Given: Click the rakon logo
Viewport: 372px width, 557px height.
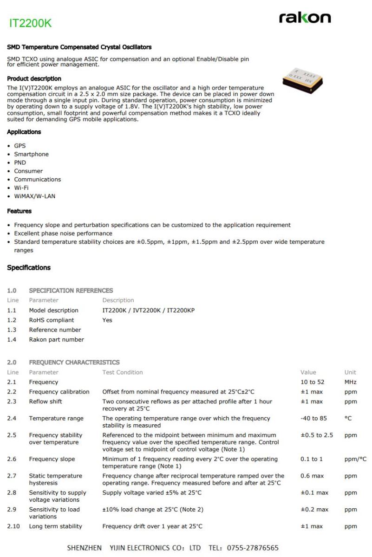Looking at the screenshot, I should (305, 18).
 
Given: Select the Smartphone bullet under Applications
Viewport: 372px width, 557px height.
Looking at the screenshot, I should (31, 154).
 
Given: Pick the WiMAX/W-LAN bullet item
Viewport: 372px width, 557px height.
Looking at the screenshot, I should (34, 196).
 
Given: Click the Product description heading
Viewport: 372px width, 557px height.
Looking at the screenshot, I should (34, 78).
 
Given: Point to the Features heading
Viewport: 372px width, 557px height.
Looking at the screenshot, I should (19, 211).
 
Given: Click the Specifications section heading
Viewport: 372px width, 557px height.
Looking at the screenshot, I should (29, 268).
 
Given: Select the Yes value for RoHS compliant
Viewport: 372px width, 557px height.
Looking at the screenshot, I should (107, 320).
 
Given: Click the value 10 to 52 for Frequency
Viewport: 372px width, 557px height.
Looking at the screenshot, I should (313, 382).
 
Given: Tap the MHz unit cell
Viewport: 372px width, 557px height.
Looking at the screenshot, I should (350, 382).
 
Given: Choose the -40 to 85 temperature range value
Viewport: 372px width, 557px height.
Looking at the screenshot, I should (313, 418).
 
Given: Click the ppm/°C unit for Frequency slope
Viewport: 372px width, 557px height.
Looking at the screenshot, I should (355, 459).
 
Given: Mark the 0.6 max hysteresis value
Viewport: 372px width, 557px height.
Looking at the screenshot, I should (312, 476).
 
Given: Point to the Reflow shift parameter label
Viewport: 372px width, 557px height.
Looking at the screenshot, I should (46, 402).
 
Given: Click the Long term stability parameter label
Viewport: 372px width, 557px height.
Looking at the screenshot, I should (55, 526).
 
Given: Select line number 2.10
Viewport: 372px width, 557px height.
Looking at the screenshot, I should (13, 526).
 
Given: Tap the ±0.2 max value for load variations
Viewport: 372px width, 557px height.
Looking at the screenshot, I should (314, 509).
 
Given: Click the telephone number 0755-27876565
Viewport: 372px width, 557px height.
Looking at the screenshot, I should (253, 548).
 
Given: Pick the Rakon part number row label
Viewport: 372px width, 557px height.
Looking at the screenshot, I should (56, 339).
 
